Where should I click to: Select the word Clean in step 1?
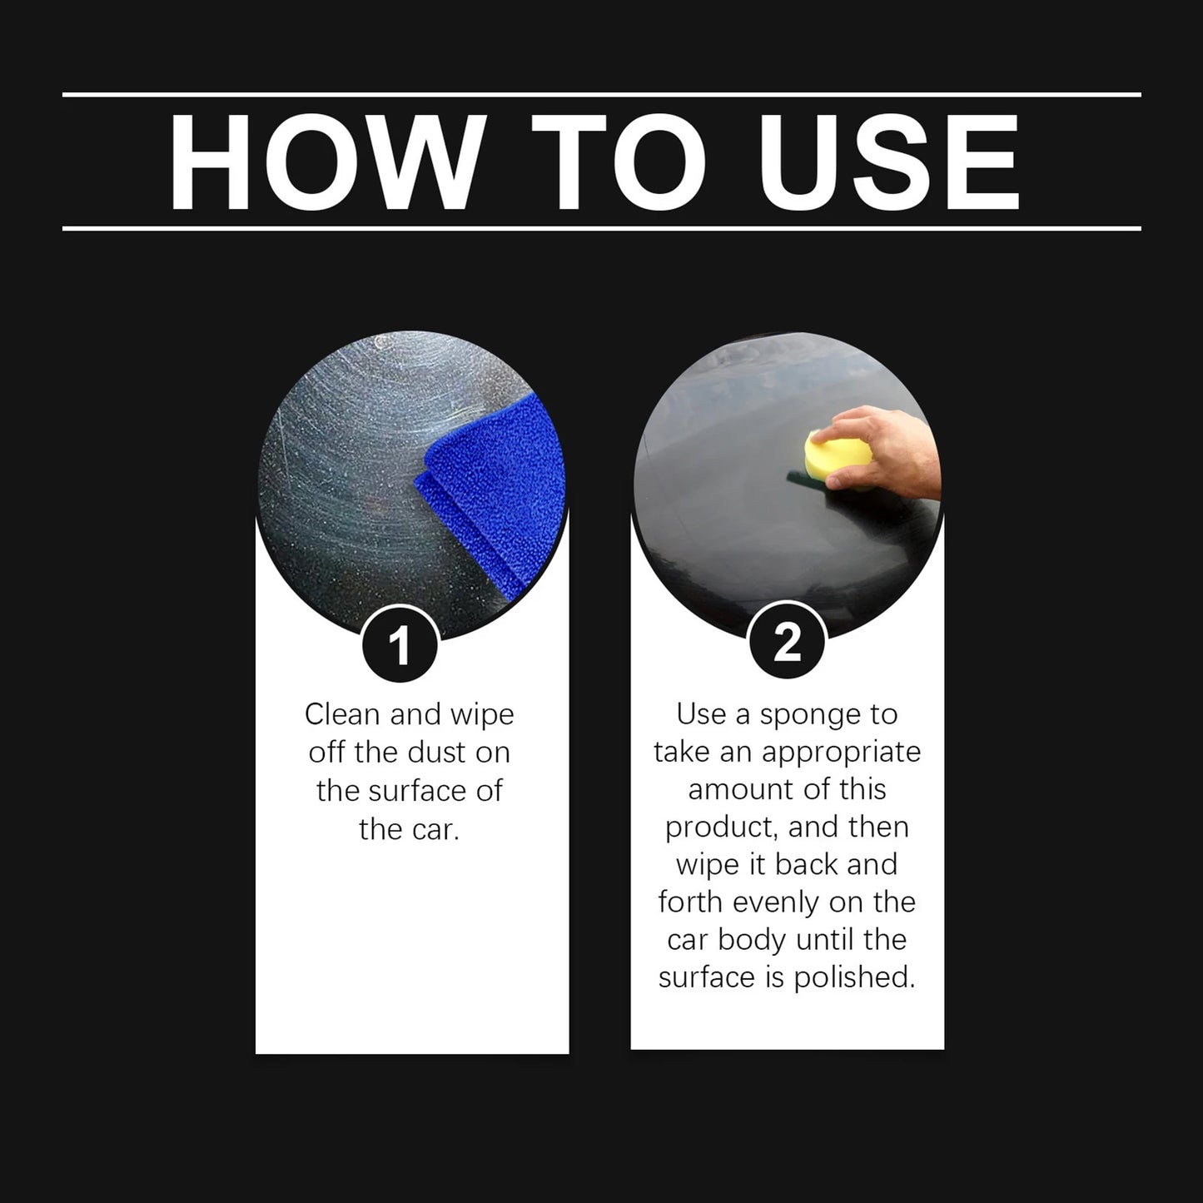coord(341,714)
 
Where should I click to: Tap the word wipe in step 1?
coord(482,715)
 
